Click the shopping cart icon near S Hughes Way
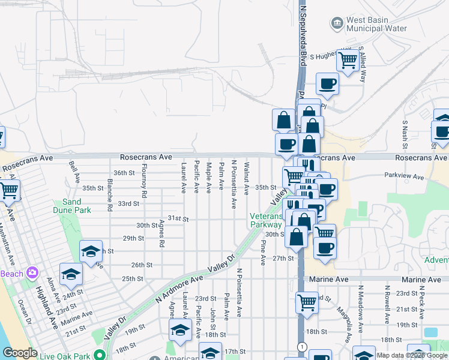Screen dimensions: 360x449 pyautogui.click(x=348, y=59)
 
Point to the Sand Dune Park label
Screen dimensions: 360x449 pyautogui.click(x=76, y=206)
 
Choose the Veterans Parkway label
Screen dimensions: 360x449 pyautogui.click(x=267, y=220)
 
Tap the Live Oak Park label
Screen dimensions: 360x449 pyautogui.click(x=65, y=356)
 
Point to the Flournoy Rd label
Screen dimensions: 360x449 pyautogui.click(x=144, y=181)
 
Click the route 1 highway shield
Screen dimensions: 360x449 pyautogui.click(x=302, y=347)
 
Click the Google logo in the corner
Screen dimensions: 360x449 pyautogui.click(x=19, y=353)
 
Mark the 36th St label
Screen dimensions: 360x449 pyautogui.click(x=123, y=173)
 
